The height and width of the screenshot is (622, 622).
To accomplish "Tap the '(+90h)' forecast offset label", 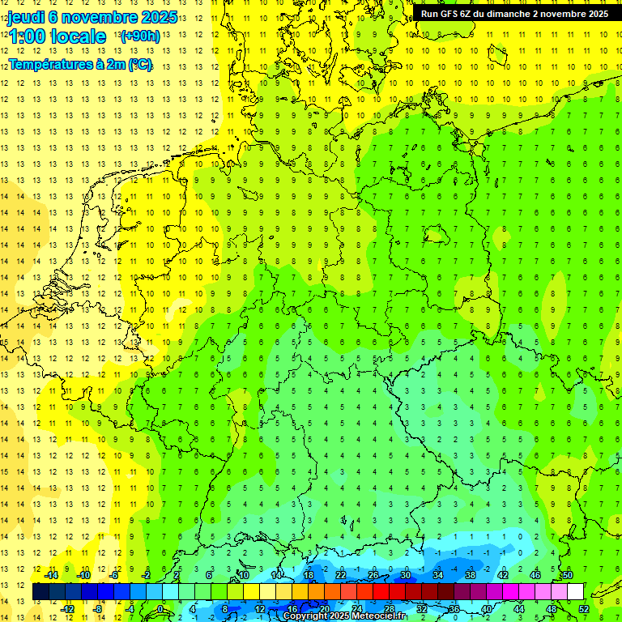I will tap(140, 36).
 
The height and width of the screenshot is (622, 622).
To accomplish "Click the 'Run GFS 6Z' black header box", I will tap(514, 13).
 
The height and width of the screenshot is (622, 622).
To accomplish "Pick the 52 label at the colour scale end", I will tap(584, 609).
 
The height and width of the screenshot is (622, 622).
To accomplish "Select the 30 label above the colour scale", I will tap(406, 575).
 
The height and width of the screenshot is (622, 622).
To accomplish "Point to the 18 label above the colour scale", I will tap(309, 575).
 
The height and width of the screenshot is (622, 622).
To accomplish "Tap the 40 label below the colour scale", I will tap(487, 609).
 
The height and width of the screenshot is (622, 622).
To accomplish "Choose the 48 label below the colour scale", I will tap(552, 609).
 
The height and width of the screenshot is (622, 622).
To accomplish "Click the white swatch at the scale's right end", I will tap(575, 591).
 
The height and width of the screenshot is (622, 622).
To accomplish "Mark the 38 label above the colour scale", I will tap(471, 575).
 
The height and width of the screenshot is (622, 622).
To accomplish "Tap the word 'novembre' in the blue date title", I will tap(97, 17).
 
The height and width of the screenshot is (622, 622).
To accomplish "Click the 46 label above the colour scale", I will tap(535, 575).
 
